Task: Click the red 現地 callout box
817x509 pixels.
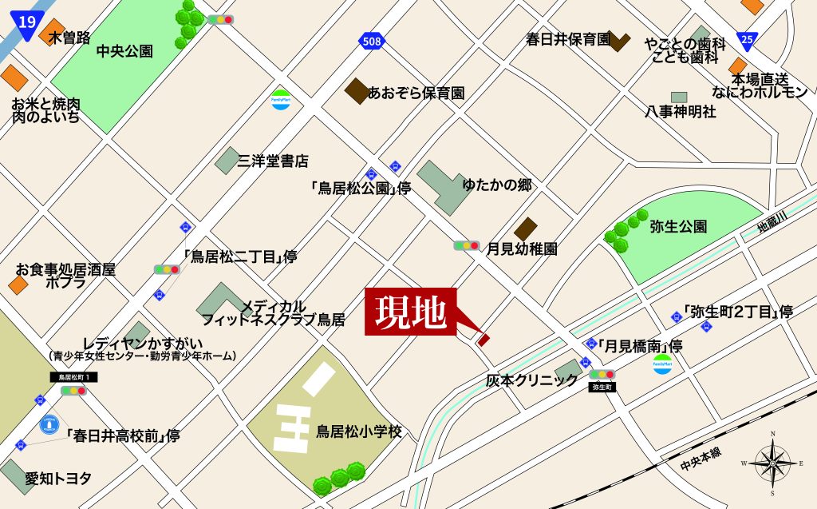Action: (411, 312)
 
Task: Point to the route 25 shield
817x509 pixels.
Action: (747, 38)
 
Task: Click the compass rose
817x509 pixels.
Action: (773, 461)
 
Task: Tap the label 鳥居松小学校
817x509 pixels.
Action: (358, 432)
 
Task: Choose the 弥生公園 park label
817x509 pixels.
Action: (678, 226)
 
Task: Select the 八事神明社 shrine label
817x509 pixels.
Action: (680, 112)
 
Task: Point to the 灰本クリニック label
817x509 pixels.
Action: (531, 380)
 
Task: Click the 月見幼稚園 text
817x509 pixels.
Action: (523, 249)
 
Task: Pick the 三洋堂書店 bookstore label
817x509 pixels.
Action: (273, 161)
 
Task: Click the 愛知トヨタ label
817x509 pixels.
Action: (58, 479)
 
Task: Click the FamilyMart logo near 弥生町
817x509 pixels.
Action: (662, 365)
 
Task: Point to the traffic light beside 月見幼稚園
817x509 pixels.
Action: (467, 246)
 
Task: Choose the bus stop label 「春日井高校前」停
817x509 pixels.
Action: (123, 435)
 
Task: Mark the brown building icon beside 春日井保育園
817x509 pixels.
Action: (619, 42)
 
